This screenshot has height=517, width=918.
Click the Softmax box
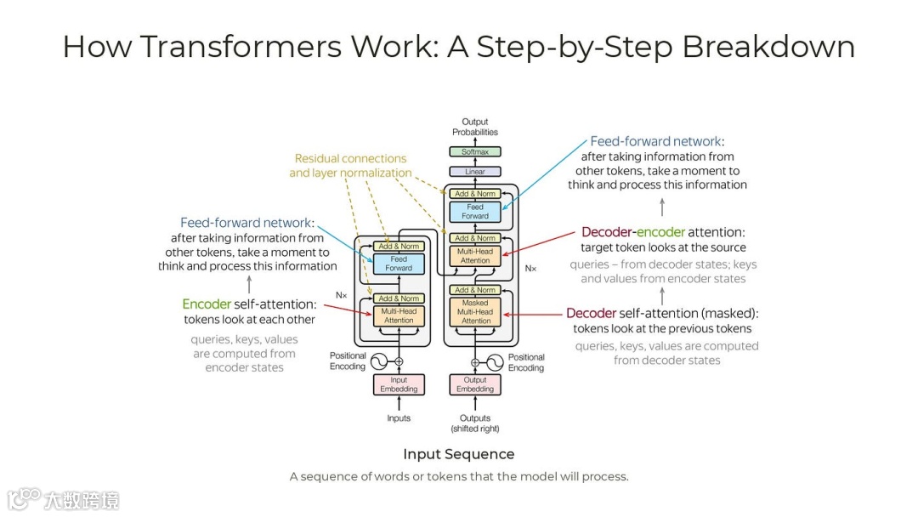[x=475, y=152]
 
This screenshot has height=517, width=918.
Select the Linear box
[x=475, y=172]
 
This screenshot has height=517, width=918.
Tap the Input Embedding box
[x=399, y=384]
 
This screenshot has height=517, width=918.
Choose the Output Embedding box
[x=475, y=384]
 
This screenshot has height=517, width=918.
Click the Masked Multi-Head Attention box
[x=475, y=312]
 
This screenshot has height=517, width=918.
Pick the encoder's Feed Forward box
[x=399, y=264]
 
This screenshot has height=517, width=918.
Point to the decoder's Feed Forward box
[x=475, y=212]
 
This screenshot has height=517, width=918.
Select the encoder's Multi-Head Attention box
[x=399, y=315]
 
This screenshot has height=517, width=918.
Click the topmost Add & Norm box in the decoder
[x=475, y=194]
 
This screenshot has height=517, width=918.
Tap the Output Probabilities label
[x=475, y=127]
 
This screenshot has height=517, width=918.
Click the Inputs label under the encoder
[x=399, y=418]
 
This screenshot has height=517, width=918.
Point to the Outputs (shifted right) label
[x=475, y=423]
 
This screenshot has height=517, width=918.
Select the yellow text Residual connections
[x=350, y=159]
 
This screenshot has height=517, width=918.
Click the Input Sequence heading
[x=458, y=454]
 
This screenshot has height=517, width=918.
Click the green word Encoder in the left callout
[x=207, y=304]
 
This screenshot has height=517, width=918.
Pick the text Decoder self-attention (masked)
[x=662, y=313]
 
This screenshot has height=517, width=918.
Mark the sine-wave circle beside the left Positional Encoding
[x=378, y=361]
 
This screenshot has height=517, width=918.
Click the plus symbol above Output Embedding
[x=475, y=361]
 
